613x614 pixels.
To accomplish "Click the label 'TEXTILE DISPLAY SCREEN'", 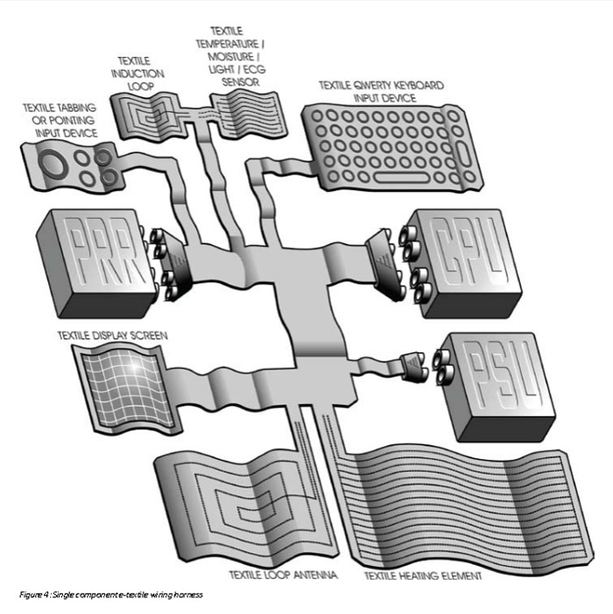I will [x=112, y=335].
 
